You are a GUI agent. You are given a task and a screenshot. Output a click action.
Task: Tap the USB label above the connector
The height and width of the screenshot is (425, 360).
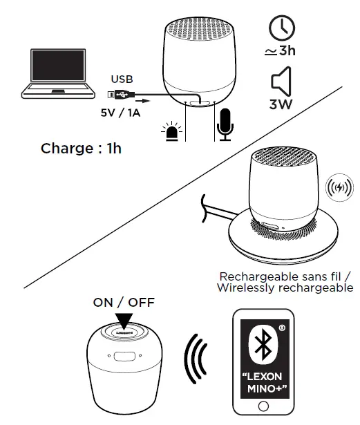(x=122, y=80)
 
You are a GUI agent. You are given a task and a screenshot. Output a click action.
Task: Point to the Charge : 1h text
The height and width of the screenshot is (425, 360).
(x=81, y=148)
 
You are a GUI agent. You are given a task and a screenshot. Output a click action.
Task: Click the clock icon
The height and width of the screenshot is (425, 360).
(x=281, y=28)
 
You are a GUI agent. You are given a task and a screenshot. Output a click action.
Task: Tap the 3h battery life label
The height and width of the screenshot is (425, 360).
(x=281, y=51)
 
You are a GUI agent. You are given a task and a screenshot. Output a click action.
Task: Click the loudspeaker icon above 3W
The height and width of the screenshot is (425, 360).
(x=281, y=83)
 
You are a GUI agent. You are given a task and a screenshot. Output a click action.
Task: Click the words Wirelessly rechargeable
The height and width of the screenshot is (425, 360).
(x=285, y=287)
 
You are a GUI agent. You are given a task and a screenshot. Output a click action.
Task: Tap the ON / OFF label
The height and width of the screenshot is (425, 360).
(x=124, y=302)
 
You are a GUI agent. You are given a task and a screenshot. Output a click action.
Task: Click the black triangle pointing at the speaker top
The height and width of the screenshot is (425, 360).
(x=124, y=320)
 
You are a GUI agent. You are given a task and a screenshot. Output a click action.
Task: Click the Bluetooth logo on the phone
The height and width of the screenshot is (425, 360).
(x=261, y=348)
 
